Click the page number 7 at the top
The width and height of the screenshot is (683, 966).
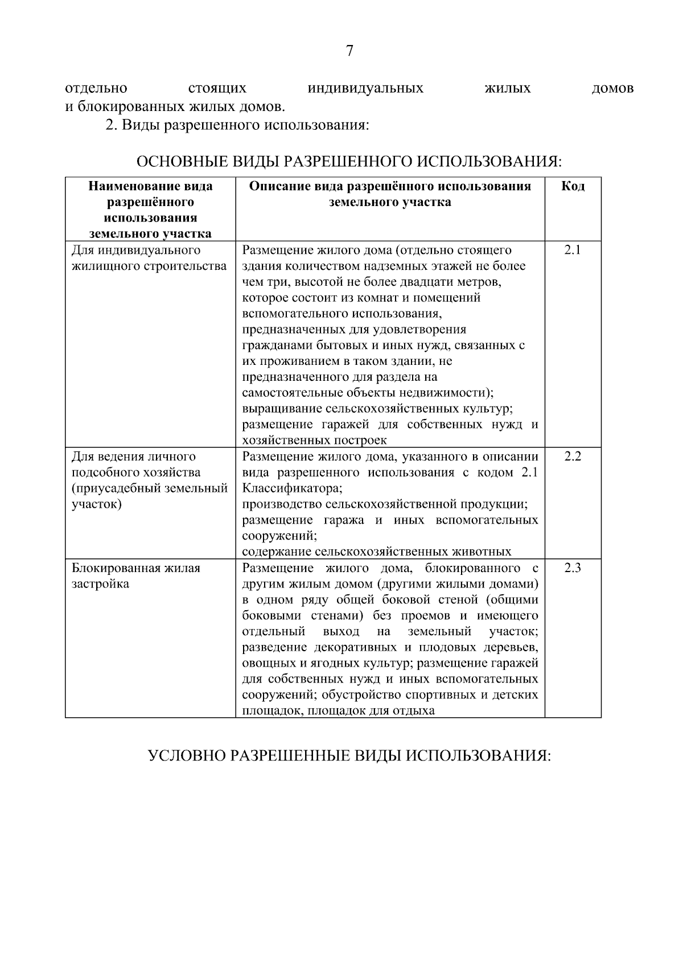(x=349, y=51)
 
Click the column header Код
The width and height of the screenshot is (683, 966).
(x=573, y=186)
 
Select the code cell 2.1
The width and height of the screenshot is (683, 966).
(x=573, y=250)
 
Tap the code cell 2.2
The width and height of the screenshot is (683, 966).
(x=573, y=457)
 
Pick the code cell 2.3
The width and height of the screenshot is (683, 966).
(x=573, y=568)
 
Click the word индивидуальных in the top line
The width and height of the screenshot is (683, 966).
(x=365, y=89)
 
